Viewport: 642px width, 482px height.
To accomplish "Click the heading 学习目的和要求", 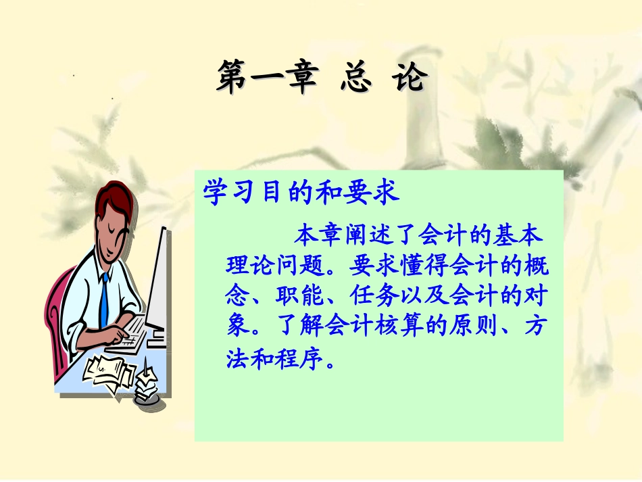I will click(x=301, y=192).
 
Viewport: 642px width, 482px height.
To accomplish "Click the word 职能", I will click(x=293, y=296).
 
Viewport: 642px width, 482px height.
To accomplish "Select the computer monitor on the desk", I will click(x=157, y=284).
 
